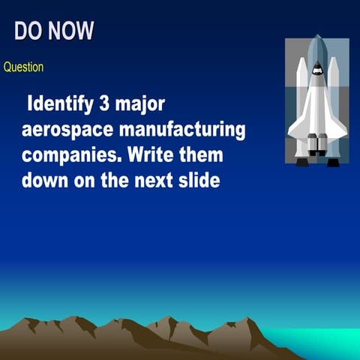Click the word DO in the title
[x=30, y=31]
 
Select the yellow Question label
[x=24, y=67]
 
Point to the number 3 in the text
[x=115, y=104]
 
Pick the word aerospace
[x=67, y=130]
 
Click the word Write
[x=155, y=155]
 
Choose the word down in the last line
[x=45, y=181]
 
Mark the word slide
[x=198, y=181]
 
